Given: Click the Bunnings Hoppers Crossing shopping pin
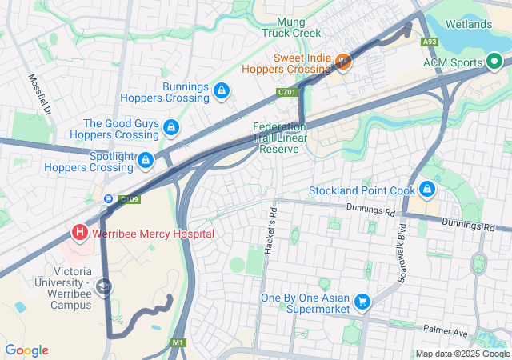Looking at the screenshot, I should (x=221, y=92).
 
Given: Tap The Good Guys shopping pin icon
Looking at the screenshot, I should (x=170, y=127).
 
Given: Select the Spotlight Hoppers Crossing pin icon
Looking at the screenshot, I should (x=145, y=161).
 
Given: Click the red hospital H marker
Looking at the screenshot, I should (x=80, y=233).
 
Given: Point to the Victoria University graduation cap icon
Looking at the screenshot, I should (x=104, y=286).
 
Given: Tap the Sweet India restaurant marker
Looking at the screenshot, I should (x=343, y=62).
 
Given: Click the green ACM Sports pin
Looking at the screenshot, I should (x=494, y=62).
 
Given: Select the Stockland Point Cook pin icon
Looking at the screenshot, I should (x=427, y=190).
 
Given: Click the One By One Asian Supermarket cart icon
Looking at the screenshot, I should (x=362, y=302).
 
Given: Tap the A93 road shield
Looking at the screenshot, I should (x=430, y=42).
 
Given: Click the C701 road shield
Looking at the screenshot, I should (x=287, y=93).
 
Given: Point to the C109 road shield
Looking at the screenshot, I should (x=130, y=198).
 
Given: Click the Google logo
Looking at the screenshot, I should (x=26, y=350).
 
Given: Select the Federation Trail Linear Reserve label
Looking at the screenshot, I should (x=280, y=138).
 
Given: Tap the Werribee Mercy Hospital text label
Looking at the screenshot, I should (x=153, y=234).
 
